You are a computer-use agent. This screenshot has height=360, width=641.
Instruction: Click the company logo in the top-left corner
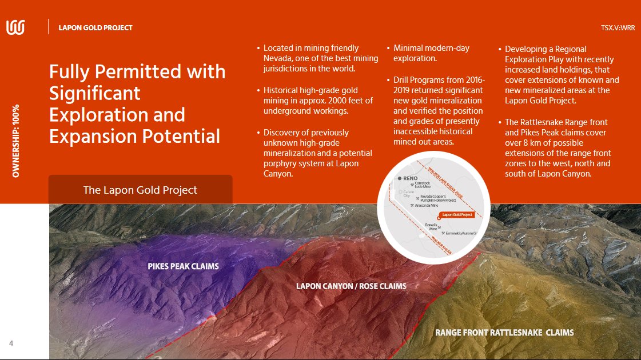click(x=15, y=27)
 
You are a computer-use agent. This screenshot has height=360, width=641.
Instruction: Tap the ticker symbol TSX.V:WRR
click(x=618, y=27)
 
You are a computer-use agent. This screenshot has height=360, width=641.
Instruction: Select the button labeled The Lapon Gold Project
click(x=140, y=190)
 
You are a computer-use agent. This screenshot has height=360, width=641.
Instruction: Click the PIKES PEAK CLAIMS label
click(x=183, y=266)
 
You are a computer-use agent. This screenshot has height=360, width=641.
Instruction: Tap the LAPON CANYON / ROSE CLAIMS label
click(x=351, y=286)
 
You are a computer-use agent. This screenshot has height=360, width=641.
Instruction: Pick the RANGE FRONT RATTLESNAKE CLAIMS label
click(x=504, y=332)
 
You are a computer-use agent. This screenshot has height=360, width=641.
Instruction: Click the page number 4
click(x=11, y=343)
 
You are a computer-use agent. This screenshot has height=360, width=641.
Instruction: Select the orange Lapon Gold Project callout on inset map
click(x=457, y=215)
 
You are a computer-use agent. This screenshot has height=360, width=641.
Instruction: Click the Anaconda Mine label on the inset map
click(x=427, y=206)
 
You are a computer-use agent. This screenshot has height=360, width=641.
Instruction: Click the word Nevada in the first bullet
click(x=277, y=59)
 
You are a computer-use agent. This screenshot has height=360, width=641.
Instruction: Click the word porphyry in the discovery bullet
click(x=280, y=163)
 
